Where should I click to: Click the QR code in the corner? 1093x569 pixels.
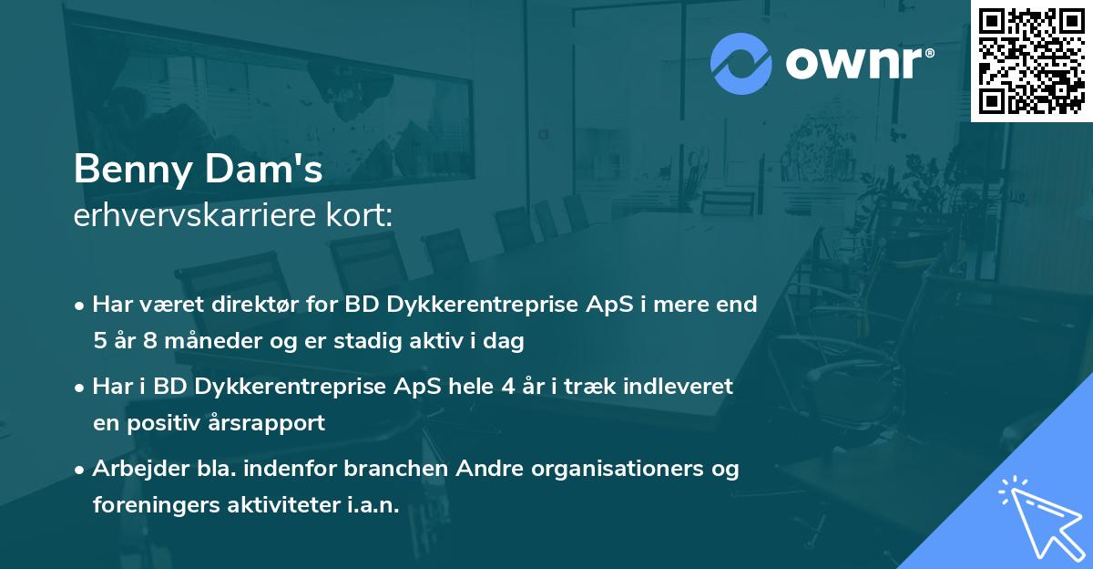1031,60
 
